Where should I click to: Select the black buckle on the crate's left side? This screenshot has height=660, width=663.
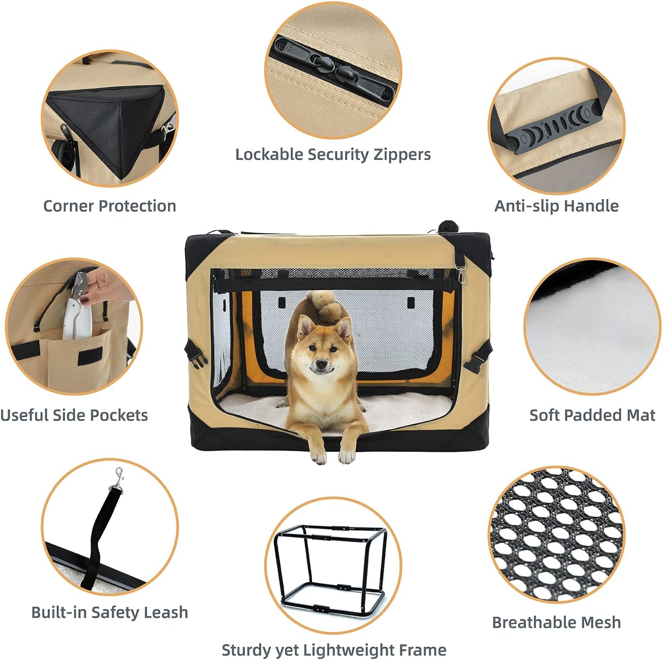click(196, 358)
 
